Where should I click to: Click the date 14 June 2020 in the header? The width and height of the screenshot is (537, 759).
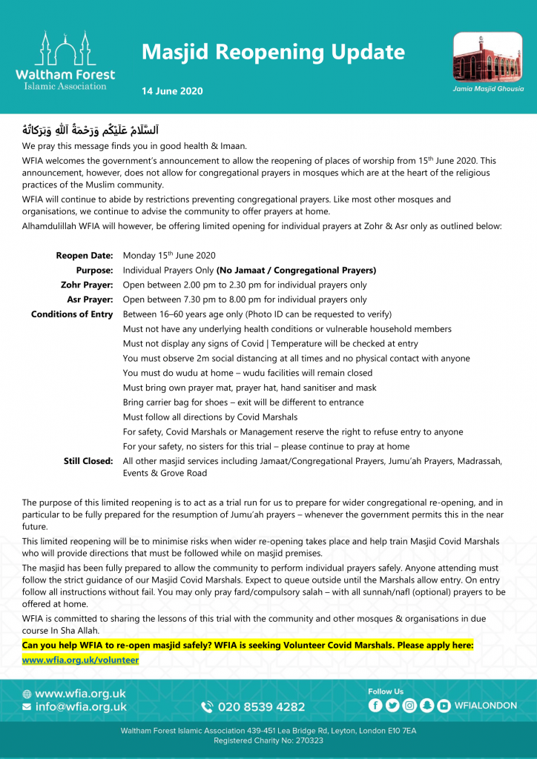[x=172, y=91]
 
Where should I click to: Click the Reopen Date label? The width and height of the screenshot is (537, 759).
[x=85, y=256]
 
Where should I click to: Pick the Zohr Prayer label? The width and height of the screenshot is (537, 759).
[x=87, y=285]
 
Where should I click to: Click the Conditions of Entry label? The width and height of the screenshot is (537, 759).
[x=72, y=314]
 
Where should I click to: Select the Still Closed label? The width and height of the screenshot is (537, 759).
[x=88, y=461]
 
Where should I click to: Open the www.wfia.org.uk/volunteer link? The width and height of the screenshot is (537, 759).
[x=81, y=660]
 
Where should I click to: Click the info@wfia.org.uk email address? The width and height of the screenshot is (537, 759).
[x=81, y=706]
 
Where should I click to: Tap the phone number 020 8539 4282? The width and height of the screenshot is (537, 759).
[x=261, y=707]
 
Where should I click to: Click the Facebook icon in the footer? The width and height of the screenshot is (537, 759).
[x=375, y=706]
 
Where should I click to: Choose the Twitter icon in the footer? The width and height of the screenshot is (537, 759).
[x=392, y=706]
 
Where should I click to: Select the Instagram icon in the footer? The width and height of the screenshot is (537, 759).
[x=409, y=706]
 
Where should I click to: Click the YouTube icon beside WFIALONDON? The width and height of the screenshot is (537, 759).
[x=444, y=706]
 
